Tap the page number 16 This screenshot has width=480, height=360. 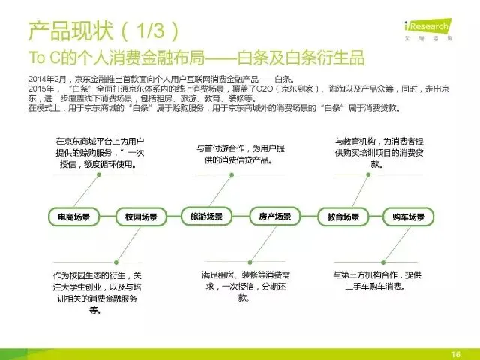coord(454,353)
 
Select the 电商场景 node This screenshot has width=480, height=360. coord(73,217)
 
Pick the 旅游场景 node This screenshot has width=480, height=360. coord(206,216)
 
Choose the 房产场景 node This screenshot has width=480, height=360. coord(274,216)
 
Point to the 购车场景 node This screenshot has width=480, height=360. coord(408,217)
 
